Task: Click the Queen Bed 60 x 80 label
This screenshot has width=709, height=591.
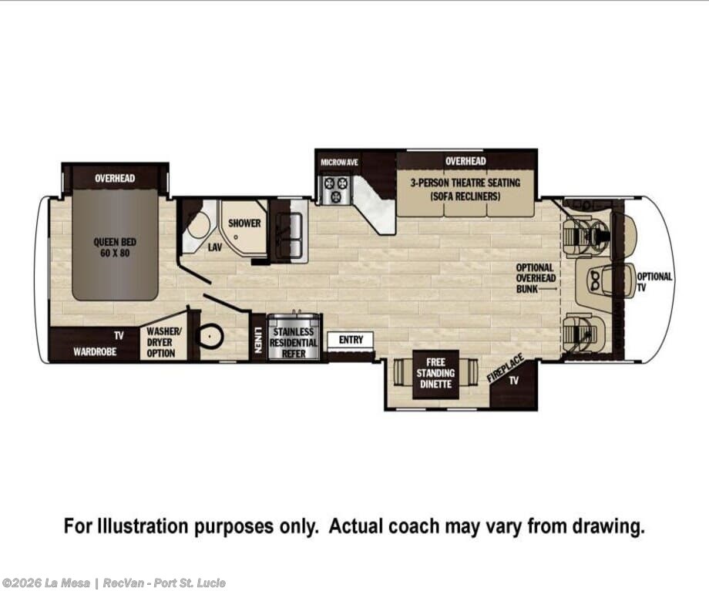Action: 115,247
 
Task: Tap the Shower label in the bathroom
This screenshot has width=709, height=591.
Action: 244,223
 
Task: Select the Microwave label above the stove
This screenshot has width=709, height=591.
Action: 339,163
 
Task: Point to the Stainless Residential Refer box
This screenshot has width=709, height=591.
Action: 294,337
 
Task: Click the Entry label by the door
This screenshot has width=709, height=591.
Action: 351,340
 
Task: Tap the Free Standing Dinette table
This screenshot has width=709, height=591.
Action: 435,374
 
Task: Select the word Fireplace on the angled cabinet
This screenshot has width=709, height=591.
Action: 506,368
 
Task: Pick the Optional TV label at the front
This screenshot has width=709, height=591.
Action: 654,282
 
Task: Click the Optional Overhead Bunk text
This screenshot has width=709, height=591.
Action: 536,278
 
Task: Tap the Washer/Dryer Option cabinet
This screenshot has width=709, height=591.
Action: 163,342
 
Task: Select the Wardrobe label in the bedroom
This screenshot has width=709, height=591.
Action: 95,351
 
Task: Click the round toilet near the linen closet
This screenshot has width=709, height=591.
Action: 210,335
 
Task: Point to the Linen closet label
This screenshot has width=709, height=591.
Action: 257,340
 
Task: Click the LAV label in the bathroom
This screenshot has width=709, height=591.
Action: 215,247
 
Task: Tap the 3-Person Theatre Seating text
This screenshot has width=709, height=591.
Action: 465,190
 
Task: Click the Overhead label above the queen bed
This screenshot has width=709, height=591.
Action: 115,178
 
